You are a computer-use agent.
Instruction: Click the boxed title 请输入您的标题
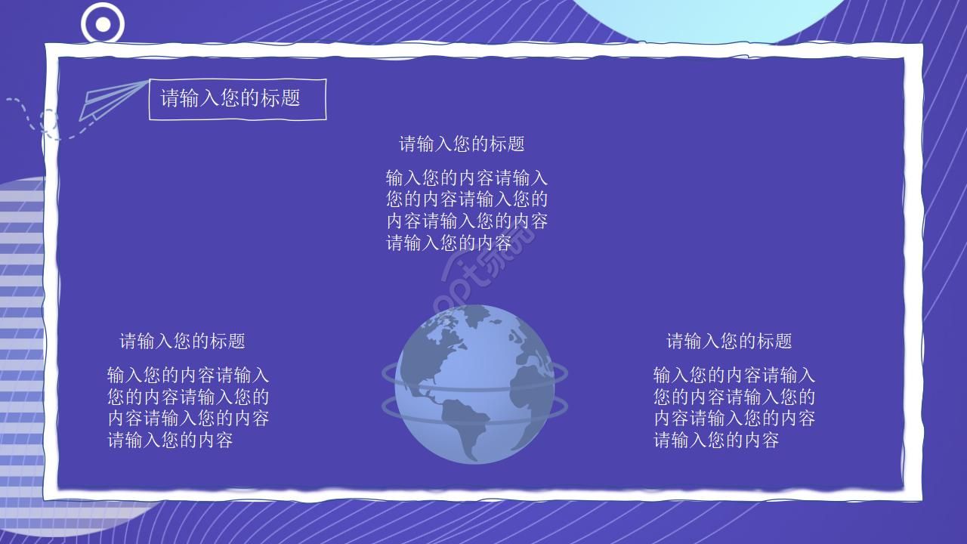coord(237,99)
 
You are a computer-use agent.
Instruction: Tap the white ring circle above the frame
coord(103,24)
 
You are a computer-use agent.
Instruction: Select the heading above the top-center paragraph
coord(462,144)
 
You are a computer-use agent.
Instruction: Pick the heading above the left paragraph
coord(182,341)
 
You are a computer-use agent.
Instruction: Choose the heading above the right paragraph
coord(729,341)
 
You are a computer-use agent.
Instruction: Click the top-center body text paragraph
coord(467,210)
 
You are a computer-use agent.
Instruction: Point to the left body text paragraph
coord(188,407)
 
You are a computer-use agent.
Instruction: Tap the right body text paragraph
coord(734,407)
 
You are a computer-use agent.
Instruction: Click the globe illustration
coord(474,384)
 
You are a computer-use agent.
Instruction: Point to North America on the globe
coord(438,348)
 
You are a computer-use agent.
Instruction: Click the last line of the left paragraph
coord(170,440)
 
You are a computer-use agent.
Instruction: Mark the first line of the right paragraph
coord(734,375)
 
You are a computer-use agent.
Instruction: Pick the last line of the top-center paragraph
coord(449,243)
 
